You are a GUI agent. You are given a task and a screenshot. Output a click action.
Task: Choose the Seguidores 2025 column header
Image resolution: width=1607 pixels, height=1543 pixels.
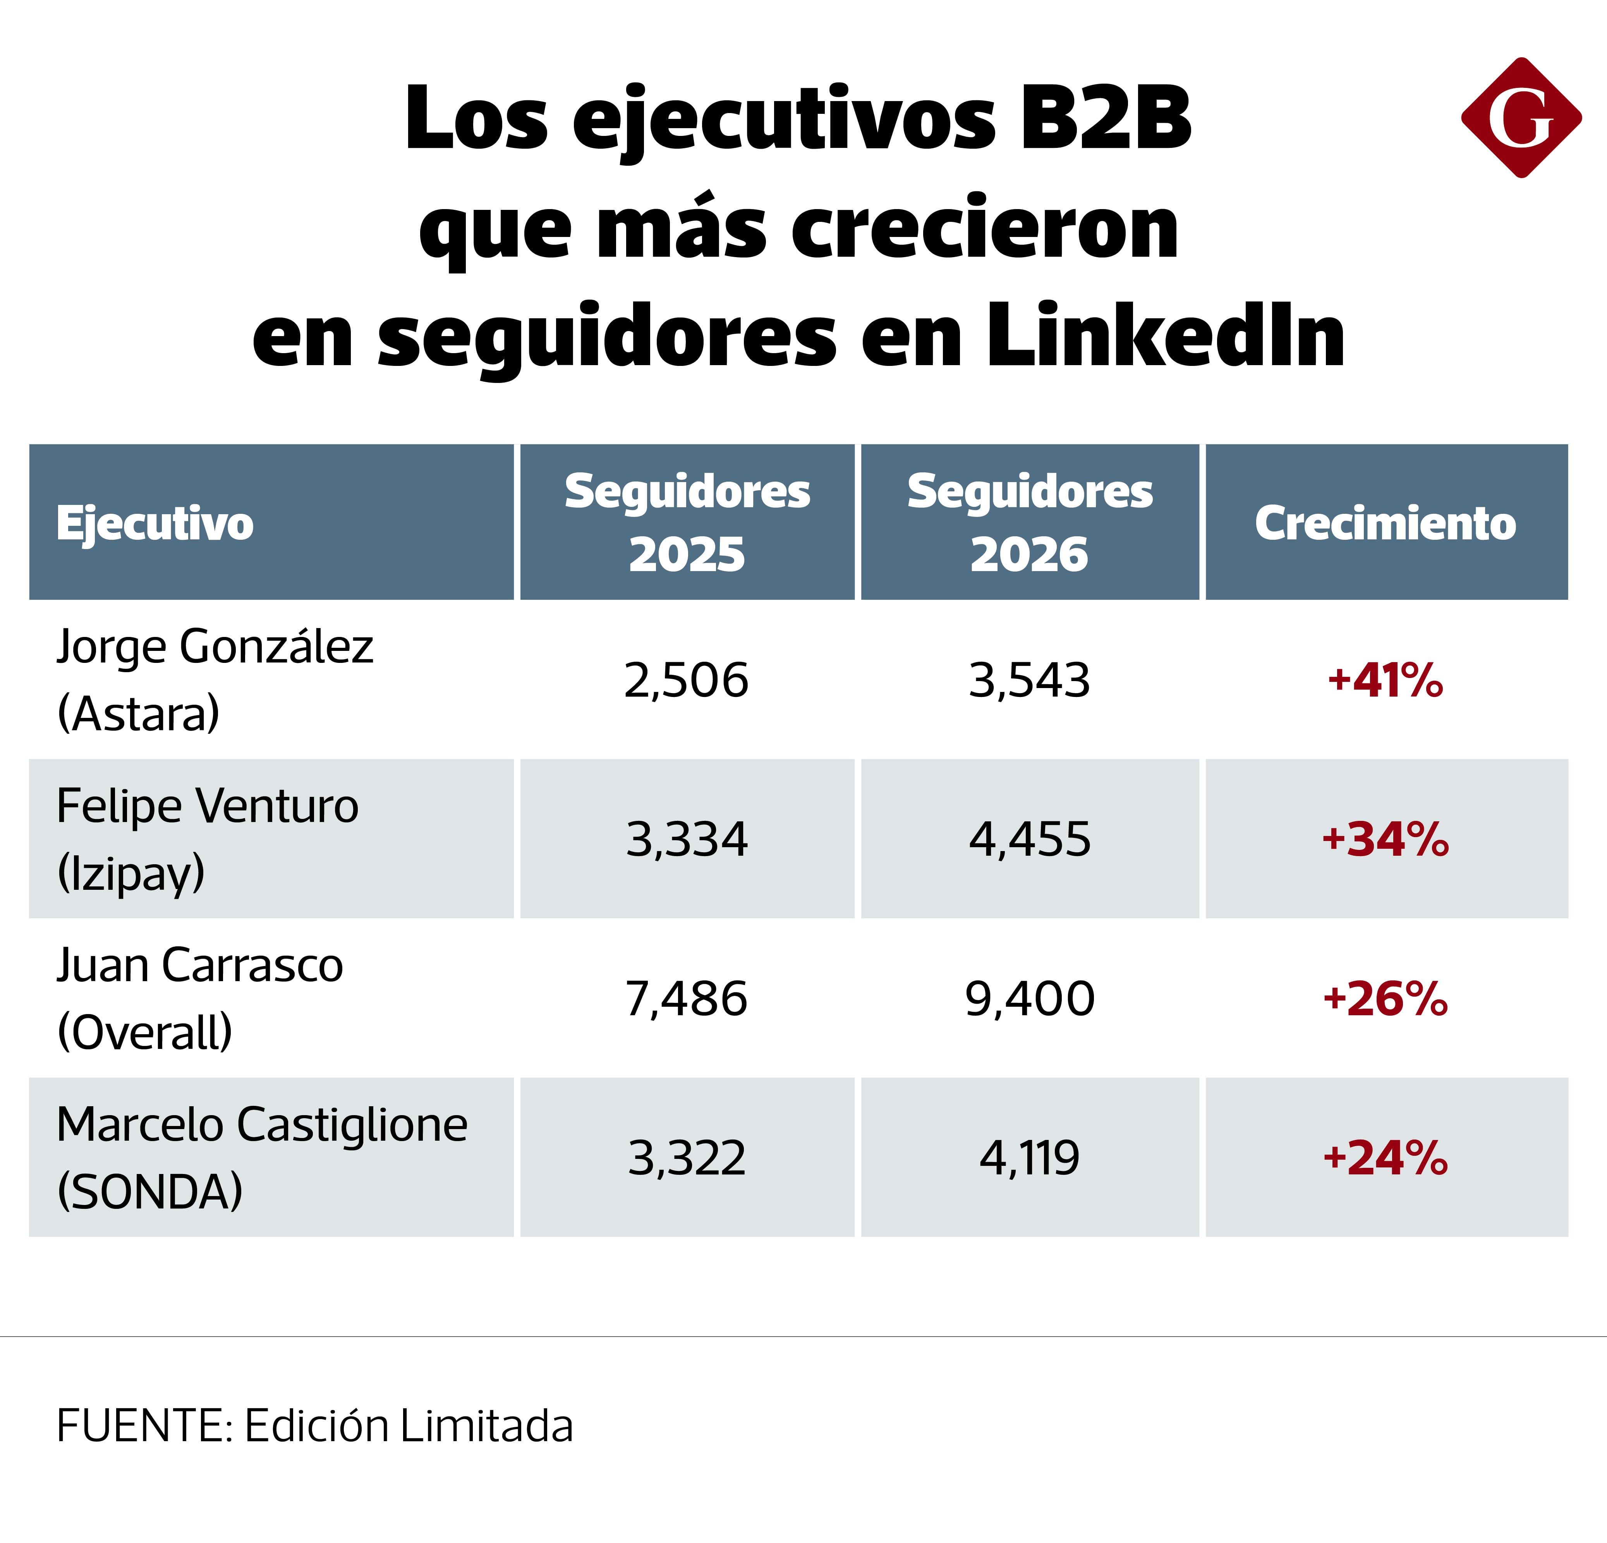pos(687,522)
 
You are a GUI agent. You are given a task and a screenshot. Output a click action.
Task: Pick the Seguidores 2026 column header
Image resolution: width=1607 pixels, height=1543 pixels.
pos(1030,522)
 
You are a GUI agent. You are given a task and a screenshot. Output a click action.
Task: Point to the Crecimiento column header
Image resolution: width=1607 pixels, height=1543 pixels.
pos(1386,523)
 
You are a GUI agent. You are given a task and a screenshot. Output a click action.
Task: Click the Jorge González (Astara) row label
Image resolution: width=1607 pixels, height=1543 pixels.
pos(215,680)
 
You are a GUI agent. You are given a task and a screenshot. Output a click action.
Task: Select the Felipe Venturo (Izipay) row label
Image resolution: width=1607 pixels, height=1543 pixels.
pos(208,839)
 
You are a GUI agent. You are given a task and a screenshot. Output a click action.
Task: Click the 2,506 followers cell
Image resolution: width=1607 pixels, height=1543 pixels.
pos(686,680)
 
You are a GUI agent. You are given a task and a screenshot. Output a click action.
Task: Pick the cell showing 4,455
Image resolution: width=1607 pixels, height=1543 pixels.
pos(1030,839)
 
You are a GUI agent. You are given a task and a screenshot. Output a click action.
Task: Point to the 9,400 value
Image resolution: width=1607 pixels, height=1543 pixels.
pos(1030,999)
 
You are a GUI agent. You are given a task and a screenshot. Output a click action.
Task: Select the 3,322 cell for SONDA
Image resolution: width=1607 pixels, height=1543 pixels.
pos(687,1158)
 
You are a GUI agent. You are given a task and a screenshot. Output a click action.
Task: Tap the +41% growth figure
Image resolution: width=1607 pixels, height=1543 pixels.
pos(1386,680)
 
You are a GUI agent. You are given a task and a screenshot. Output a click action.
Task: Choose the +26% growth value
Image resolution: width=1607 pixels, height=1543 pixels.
pos(1386,999)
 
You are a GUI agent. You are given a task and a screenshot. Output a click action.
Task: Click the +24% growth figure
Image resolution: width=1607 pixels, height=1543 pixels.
pos(1386,1158)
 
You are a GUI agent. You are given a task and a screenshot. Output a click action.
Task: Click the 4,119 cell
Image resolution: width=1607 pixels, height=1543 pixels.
pos(1030,1158)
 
